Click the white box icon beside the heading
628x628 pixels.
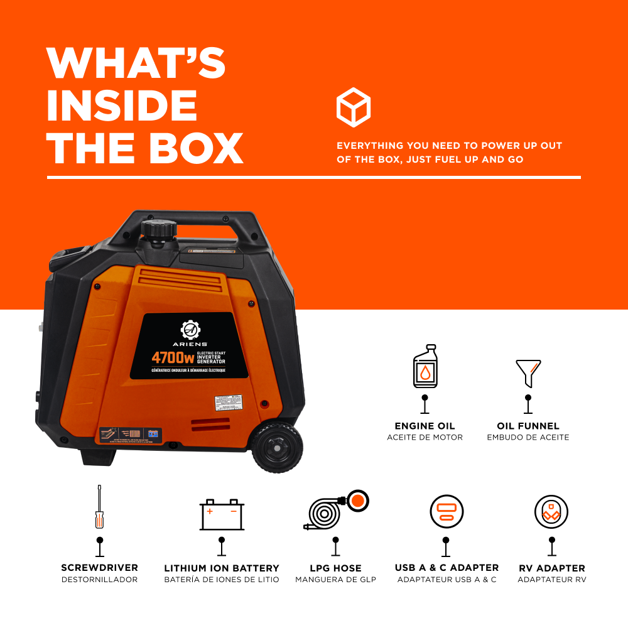[x=354, y=107]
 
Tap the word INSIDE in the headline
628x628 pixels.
[x=122, y=106]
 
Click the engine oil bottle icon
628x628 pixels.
[x=425, y=367]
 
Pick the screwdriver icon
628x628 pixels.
[x=99, y=508]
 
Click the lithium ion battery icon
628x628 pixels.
[x=222, y=515]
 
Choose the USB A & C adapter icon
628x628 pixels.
[x=446, y=512]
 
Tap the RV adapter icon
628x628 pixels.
[x=551, y=512]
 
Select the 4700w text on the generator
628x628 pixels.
[x=173, y=358]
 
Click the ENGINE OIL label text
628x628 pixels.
[x=425, y=426]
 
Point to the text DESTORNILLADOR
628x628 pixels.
[x=99, y=580]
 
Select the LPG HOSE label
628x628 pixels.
[x=335, y=568]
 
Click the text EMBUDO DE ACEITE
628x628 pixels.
[x=528, y=437]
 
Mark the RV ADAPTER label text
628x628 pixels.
[x=551, y=568]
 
